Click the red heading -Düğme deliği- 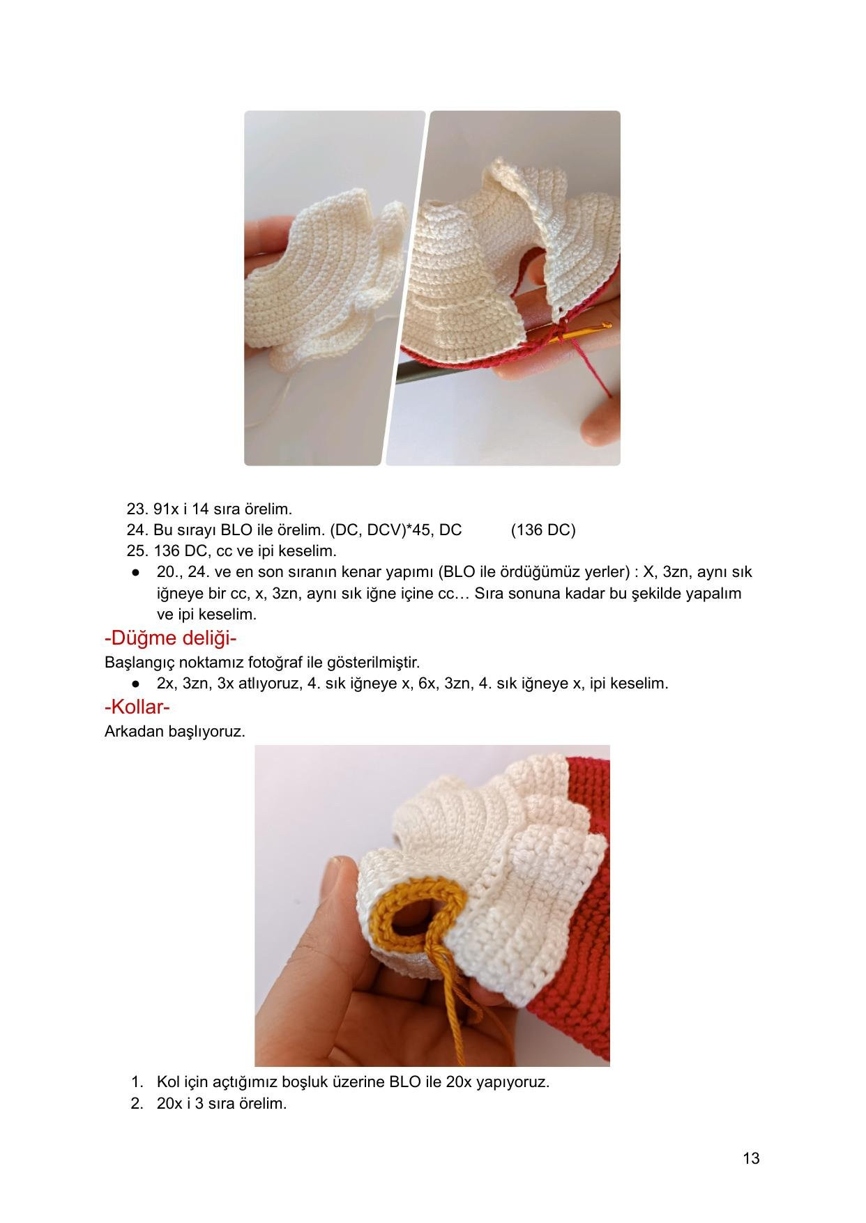171,638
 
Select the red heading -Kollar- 137,707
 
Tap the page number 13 751,1158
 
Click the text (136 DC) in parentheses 543,530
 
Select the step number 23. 135,509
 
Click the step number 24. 135,530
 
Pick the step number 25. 135,551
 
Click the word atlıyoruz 270,683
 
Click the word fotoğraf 266,661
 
